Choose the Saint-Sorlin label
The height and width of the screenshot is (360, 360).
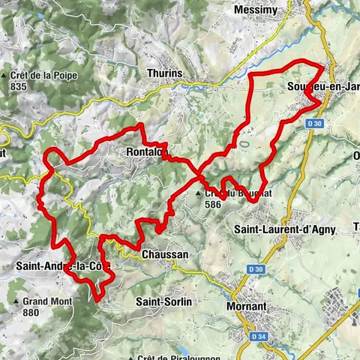coord(163,301)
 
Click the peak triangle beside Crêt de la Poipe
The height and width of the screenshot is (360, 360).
coord(4,75)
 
